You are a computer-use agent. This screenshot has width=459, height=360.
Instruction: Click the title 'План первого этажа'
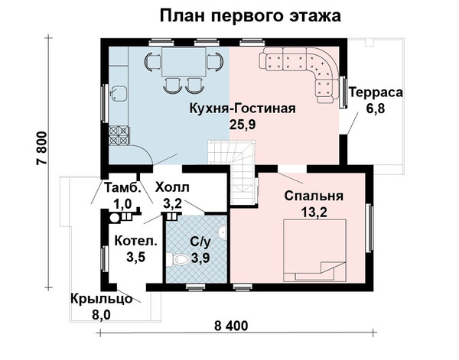250,15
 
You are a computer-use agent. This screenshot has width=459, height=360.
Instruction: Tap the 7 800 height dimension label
42,148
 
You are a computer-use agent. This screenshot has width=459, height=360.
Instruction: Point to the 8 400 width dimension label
231,326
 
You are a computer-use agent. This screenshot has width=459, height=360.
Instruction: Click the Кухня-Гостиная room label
243,109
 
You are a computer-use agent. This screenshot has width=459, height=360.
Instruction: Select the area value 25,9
243,125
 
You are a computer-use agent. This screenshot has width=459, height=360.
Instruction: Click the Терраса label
376,92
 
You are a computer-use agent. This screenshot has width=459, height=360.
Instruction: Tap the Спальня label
314,196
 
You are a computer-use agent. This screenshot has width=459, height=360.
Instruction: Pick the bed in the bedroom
314,251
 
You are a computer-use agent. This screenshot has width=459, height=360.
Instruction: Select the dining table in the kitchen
184,62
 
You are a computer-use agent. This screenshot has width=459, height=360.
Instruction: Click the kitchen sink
119,93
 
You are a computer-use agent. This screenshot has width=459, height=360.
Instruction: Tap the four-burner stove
119,135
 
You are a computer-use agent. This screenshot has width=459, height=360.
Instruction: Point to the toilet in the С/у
181,260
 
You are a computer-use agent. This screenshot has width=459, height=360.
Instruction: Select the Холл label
172,187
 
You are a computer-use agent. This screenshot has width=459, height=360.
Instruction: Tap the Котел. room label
136,242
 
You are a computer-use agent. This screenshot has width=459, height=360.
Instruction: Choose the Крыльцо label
101,299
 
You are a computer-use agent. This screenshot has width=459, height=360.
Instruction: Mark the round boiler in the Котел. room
115,218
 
